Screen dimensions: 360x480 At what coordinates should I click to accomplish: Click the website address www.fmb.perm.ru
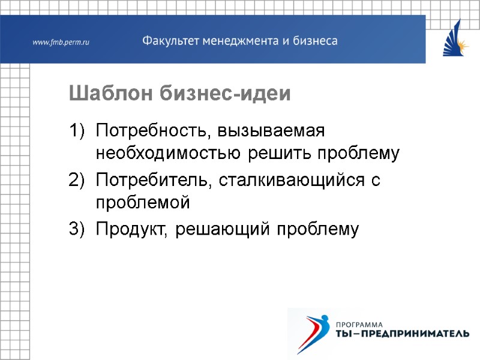coord(61,43)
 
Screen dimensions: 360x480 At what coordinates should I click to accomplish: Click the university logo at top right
coord(455,38)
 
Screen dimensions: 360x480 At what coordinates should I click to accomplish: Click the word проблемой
coord(142,203)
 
